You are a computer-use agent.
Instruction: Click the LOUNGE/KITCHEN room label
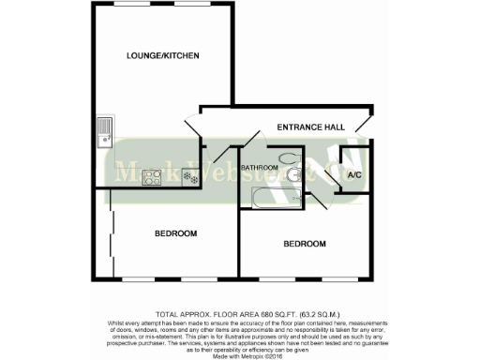click(x=163, y=56)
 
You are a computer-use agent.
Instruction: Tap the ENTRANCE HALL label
click(x=310, y=127)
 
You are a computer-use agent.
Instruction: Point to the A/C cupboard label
click(x=354, y=175)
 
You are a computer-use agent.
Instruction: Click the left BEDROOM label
click(x=174, y=232)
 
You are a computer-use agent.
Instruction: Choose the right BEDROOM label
click(x=305, y=244)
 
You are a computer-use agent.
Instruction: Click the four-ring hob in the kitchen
click(x=153, y=176)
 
